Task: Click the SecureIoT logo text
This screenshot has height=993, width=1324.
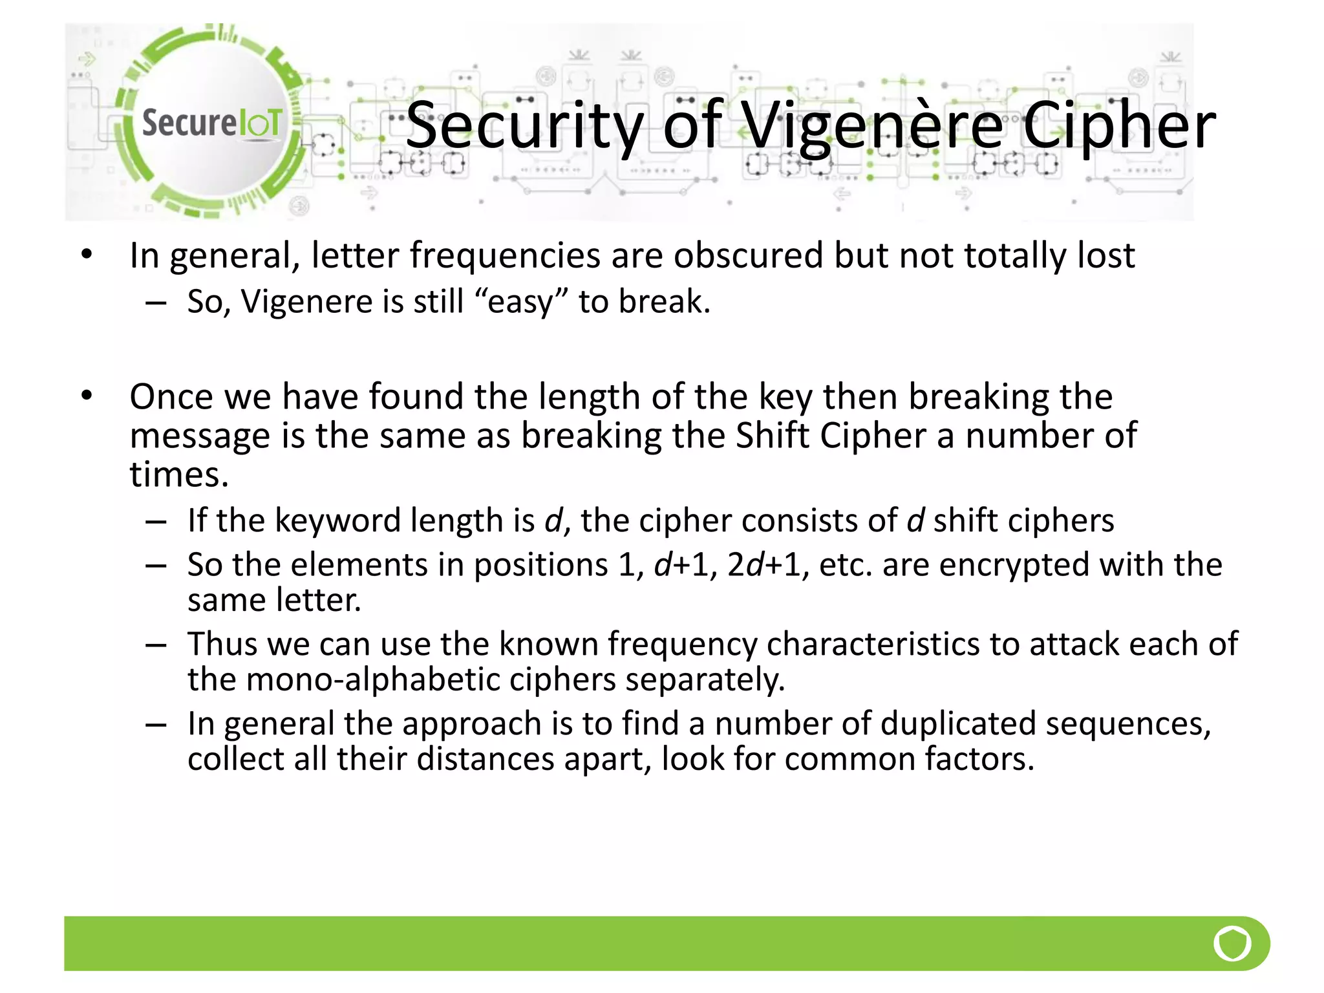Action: point(211,123)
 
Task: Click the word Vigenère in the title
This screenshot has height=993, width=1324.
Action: point(872,126)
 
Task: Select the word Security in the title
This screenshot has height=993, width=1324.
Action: point(524,126)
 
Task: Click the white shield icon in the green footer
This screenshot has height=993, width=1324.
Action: point(1232,944)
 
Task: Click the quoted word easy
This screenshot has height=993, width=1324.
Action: point(521,302)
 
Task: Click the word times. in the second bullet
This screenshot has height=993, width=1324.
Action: point(179,475)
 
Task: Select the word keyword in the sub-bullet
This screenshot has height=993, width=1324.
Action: point(337,520)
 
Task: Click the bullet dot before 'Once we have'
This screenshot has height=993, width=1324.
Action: point(87,395)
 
